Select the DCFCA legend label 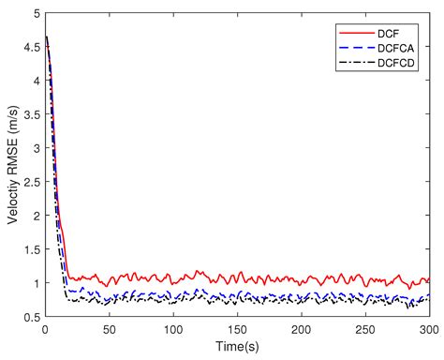[x=400, y=46]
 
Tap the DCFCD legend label [x=400, y=63]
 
